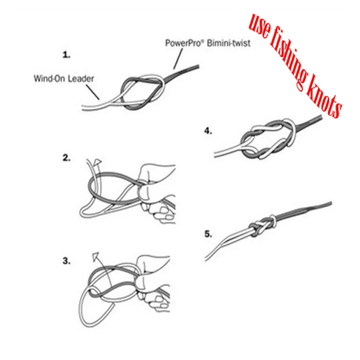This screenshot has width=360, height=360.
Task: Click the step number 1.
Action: pyautogui.click(x=66, y=55)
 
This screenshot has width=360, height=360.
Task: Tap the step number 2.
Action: pyautogui.click(x=66, y=158)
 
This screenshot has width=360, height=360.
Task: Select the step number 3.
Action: pyautogui.click(x=66, y=261)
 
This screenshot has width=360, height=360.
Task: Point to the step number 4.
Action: pyautogui.click(x=208, y=131)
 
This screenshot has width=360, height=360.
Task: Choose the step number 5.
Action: pyautogui.click(x=208, y=234)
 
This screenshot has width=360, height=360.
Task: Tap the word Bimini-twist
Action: pyautogui.click(x=228, y=43)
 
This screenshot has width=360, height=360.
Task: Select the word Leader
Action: pyautogui.click(x=80, y=78)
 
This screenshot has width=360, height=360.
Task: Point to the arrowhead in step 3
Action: pyautogui.click(x=96, y=257)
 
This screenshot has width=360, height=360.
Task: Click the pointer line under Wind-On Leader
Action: pyautogui.click(x=93, y=92)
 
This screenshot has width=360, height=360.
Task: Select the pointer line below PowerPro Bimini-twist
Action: pyautogui.click(x=178, y=59)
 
